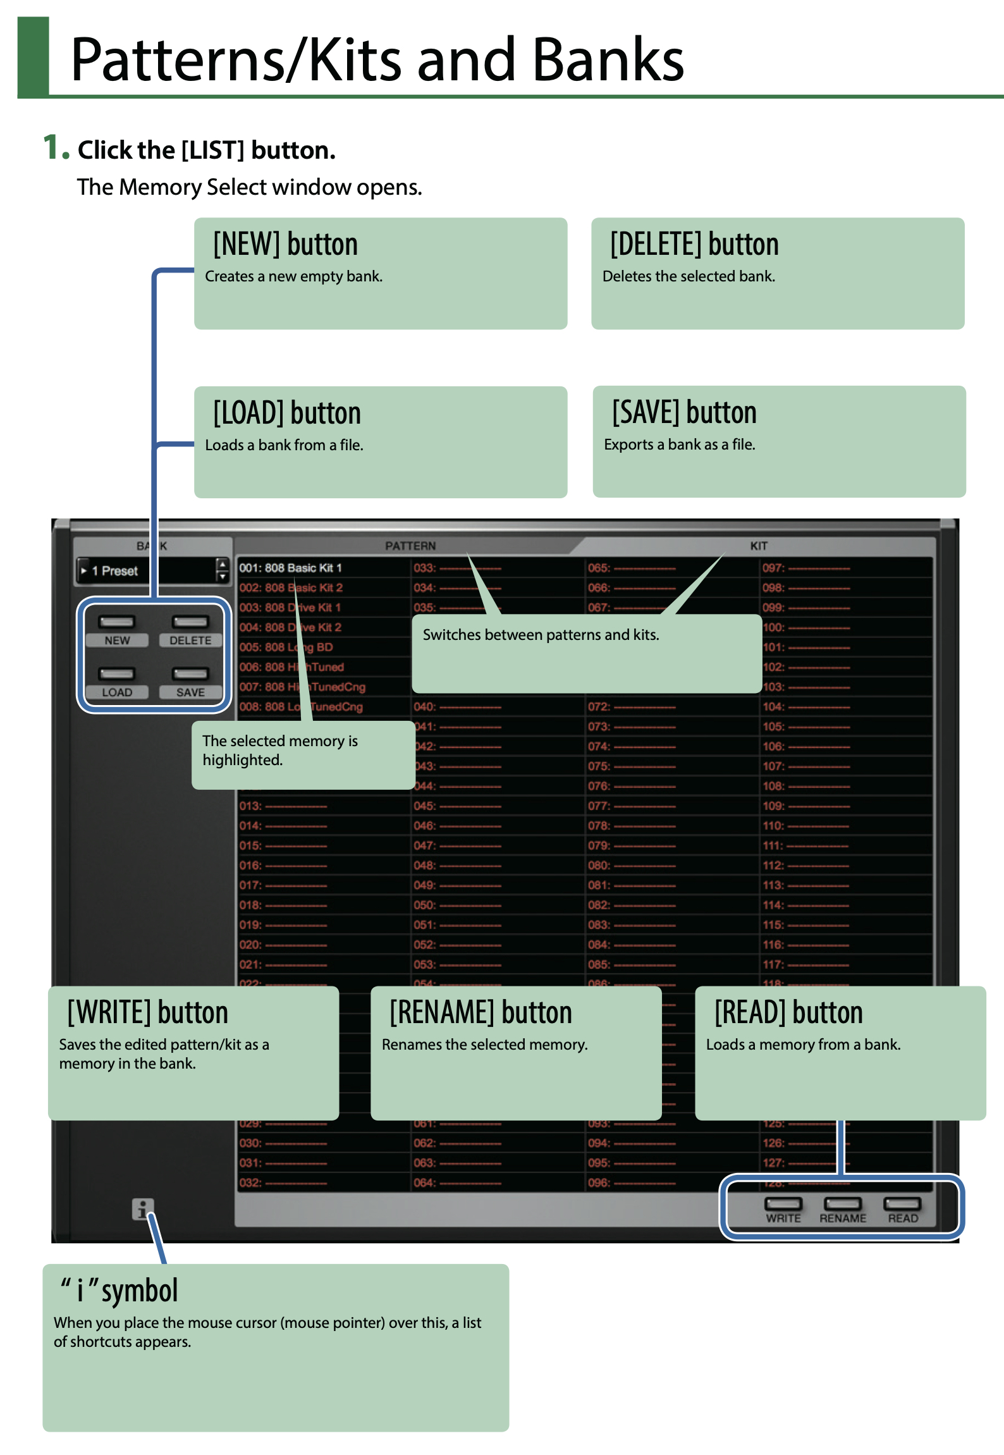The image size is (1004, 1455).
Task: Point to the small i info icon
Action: [x=142, y=1209]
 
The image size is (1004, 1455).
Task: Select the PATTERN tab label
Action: [x=410, y=546]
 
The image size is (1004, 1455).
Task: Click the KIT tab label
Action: [x=759, y=546]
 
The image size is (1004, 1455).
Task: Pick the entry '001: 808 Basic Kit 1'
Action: [x=291, y=568]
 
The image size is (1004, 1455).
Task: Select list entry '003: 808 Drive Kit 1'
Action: [x=290, y=608]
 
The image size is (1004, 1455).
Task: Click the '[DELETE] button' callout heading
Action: [x=694, y=245]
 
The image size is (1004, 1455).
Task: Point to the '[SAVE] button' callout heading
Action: [x=684, y=413]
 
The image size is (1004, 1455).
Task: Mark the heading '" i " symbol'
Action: [x=119, y=1291]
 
